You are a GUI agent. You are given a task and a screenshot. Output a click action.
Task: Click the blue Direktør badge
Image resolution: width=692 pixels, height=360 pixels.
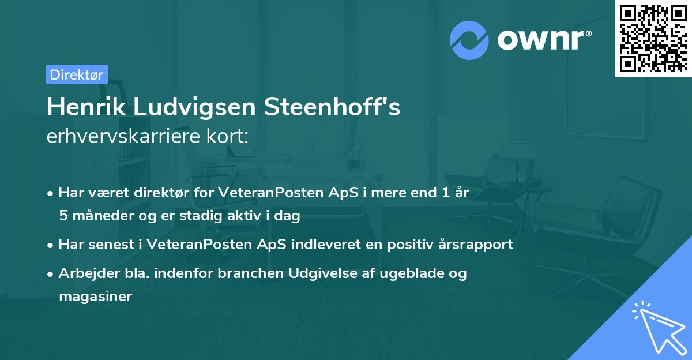pyautogui.click(x=77, y=74)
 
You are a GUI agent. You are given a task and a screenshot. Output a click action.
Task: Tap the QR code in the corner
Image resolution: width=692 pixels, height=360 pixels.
pyautogui.click(x=652, y=39)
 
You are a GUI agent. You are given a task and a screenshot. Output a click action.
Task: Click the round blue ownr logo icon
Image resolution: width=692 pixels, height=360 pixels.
pyautogui.click(x=469, y=40)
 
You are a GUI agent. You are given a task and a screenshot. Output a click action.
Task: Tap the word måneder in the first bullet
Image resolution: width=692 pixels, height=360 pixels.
pyautogui.click(x=101, y=216)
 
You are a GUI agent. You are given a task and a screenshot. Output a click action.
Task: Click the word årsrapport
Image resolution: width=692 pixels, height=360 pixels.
pyautogui.click(x=476, y=245)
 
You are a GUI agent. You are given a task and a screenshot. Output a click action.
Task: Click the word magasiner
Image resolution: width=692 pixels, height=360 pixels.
pyautogui.click(x=95, y=297)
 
